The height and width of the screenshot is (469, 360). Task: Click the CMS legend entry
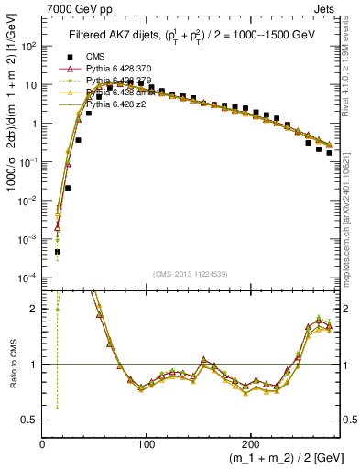[95, 57]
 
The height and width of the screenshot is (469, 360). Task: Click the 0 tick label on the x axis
[42, 443]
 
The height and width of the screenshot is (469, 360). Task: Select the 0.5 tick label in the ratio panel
[28, 420]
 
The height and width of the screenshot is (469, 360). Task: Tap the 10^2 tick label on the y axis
[27, 46]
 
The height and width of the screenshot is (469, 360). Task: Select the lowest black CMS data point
[57, 251]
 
